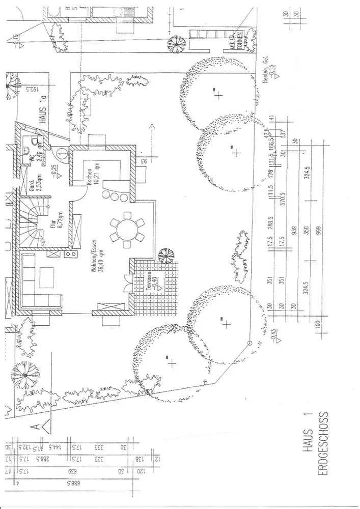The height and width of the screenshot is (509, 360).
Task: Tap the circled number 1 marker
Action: (62, 151)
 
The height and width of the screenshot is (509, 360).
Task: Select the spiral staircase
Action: (33, 220)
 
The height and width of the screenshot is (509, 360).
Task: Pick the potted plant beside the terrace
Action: (165, 254)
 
